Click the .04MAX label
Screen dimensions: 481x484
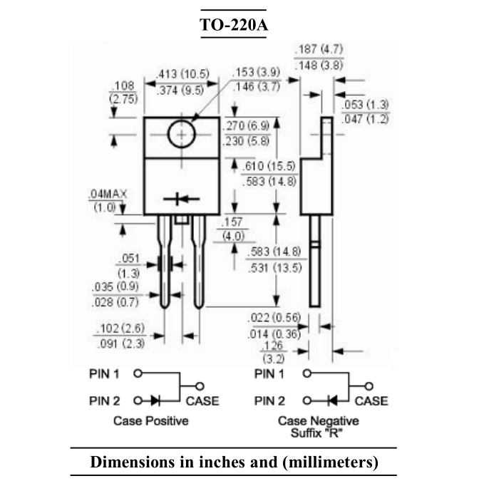tap(105, 195)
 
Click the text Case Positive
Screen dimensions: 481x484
tap(150, 420)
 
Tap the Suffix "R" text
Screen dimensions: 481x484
tap(318, 432)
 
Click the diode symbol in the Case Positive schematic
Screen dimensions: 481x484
tap(153, 400)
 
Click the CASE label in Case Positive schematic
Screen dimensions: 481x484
tap(203, 400)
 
